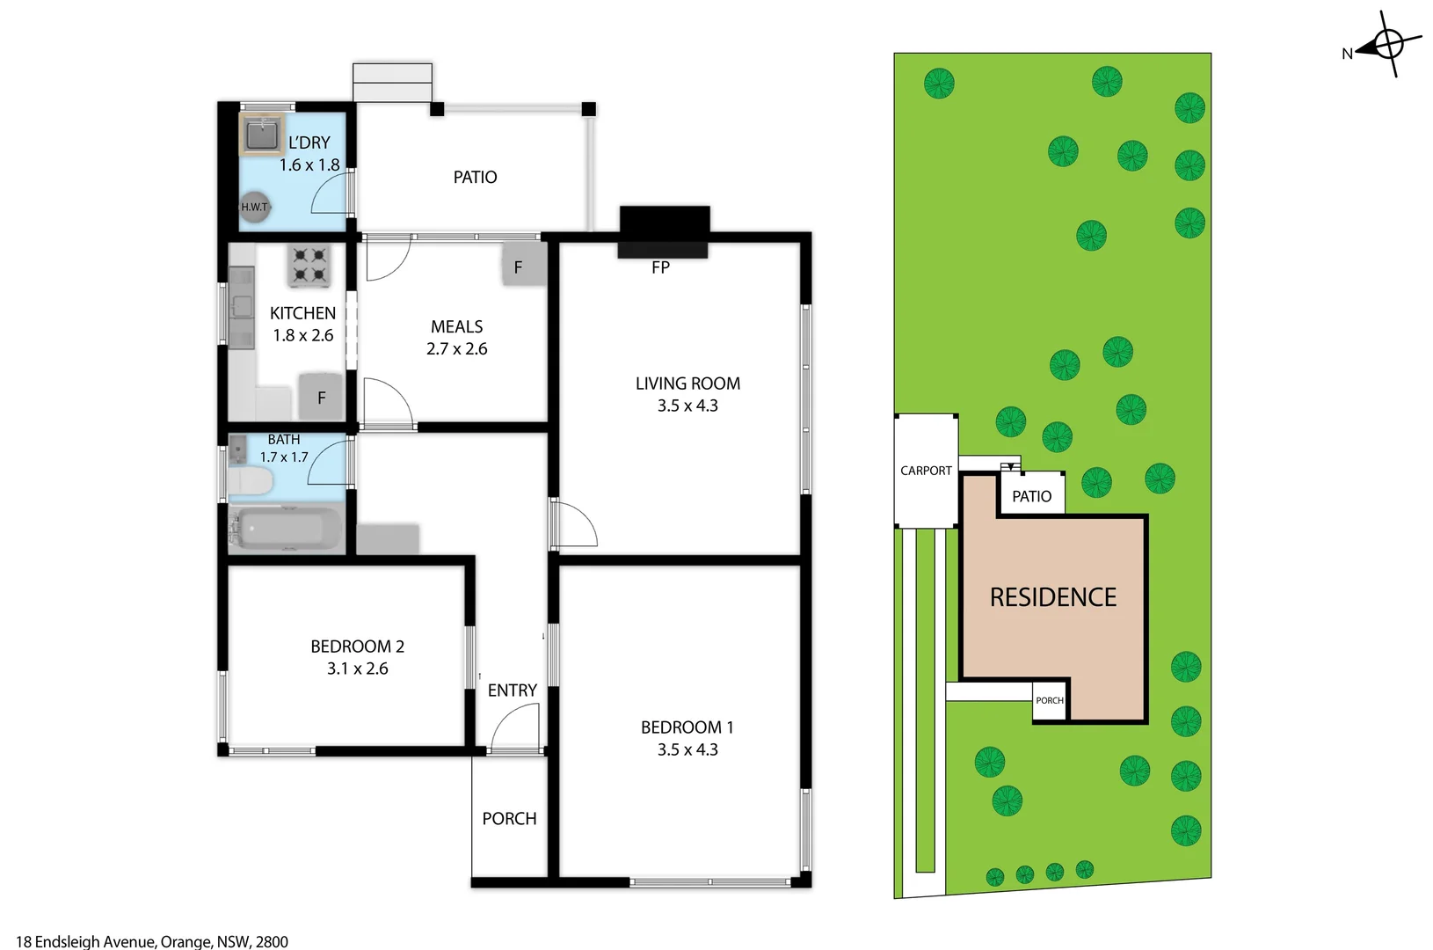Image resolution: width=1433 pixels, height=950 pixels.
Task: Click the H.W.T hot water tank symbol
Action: tap(255, 207)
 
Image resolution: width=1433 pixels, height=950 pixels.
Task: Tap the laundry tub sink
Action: tap(261, 135)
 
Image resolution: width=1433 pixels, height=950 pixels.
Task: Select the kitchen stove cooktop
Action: tap(309, 266)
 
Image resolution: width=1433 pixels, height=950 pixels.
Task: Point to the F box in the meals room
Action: tap(519, 267)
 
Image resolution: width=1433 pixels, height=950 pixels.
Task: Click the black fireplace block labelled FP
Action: tap(664, 231)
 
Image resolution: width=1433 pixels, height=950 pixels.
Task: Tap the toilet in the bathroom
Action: tap(251, 482)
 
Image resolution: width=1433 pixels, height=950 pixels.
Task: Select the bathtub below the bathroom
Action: tap(285, 529)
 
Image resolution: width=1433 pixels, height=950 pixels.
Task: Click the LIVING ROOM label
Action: tap(687, 384)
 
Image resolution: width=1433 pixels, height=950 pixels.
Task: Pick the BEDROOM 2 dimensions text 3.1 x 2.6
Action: tap(357, 669)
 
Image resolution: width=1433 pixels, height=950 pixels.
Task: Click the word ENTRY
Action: tap(512, 691)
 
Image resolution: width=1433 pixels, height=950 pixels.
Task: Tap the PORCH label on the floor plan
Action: tap(509, 819)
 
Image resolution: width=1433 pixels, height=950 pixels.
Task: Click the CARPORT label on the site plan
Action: tap(926, 471)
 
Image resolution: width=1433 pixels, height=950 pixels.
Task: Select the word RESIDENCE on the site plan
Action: tap(1052, 597)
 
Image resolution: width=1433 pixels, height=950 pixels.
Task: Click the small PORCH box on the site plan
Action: tap(1050, 700)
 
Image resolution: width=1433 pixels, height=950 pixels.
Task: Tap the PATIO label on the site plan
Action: tap(1031, 496)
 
